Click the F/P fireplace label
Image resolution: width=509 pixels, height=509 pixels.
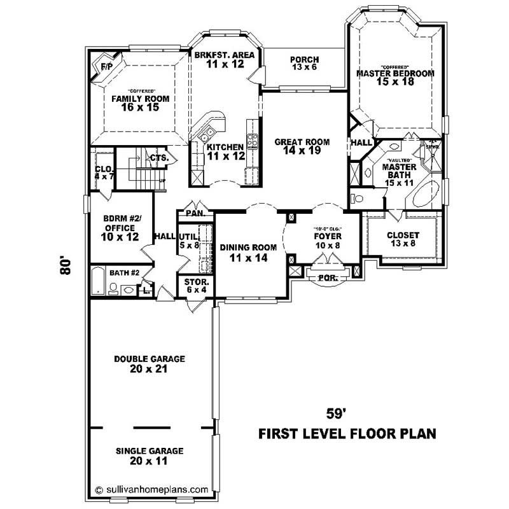pos(106,66)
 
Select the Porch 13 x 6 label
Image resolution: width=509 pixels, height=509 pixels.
pos(305,64)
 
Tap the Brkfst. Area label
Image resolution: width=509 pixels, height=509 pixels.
pos(225,59)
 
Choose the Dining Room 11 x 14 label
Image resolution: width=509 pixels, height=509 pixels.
pos(249,252)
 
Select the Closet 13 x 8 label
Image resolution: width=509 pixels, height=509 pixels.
pos(403,239)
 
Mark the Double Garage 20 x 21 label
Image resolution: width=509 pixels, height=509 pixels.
pos(150,363)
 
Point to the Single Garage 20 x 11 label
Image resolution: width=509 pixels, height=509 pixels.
pos(150,456)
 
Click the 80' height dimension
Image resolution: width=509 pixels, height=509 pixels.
pos(64,265)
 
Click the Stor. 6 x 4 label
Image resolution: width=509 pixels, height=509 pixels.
pos(192,285)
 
